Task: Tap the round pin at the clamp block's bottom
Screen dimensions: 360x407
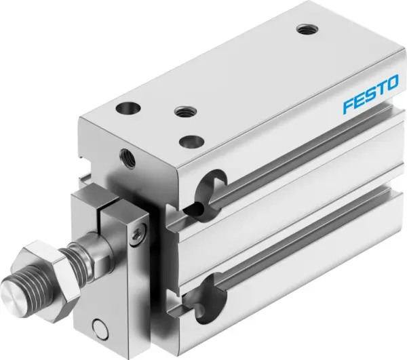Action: click(x=100, y=331)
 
